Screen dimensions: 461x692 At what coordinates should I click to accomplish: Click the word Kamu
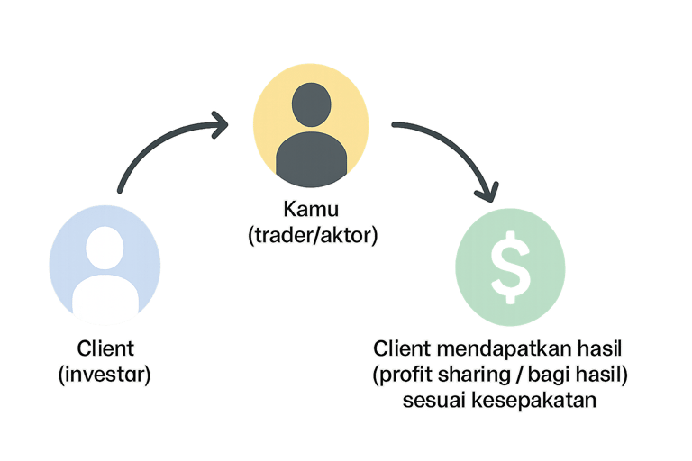(312, 210)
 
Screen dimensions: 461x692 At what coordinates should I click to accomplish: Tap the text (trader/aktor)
(312, 236)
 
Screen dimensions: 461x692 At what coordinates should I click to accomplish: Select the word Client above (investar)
(105, 348)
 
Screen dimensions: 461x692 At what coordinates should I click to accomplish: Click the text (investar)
(105, 375)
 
